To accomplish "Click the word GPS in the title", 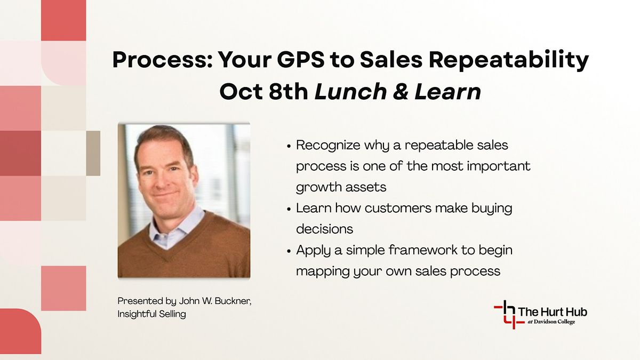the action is (301, 60).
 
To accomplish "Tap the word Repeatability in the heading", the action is (509, 61).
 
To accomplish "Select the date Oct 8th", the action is (263, 92).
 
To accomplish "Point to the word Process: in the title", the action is (163, 60).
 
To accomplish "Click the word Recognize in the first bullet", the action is (328, 146).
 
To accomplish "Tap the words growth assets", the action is (341, 188).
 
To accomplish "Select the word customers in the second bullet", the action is (398, 208).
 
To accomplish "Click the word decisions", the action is (325, 229).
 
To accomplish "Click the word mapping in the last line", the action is (323, 271).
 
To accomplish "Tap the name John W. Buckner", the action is (215, 301).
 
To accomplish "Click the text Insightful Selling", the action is (151, 314).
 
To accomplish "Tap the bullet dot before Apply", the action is (289, 251).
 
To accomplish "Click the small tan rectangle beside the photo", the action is (93, 154).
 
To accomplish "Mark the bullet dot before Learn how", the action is (289, 209).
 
